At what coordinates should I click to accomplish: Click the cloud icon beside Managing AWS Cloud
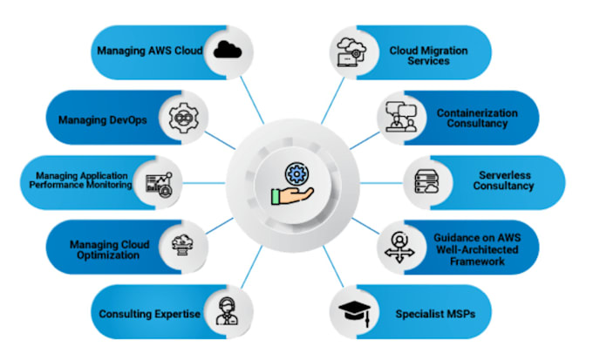(x=227, y=51)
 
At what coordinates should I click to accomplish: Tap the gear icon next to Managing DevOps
(x=184, y=117)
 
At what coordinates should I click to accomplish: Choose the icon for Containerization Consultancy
(x=400, y=118)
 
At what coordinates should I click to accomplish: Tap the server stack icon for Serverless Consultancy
(x=425, y=182)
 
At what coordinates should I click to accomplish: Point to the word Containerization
(x=477, y=112)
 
